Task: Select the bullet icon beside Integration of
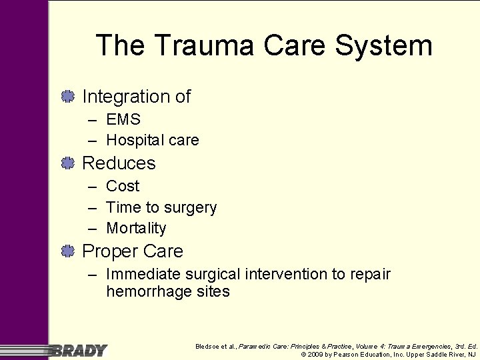[x=67, y=97]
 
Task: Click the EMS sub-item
[x=123, y=120]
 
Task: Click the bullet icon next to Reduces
[x=67, y=163]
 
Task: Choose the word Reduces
[x=119, y=163]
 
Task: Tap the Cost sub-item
[x=123, y=187]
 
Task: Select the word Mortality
[x=136, y=229]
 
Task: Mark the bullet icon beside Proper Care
[x=67, y=251]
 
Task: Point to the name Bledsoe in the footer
[x=207, y=347]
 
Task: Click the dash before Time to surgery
[x=91, y=208]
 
